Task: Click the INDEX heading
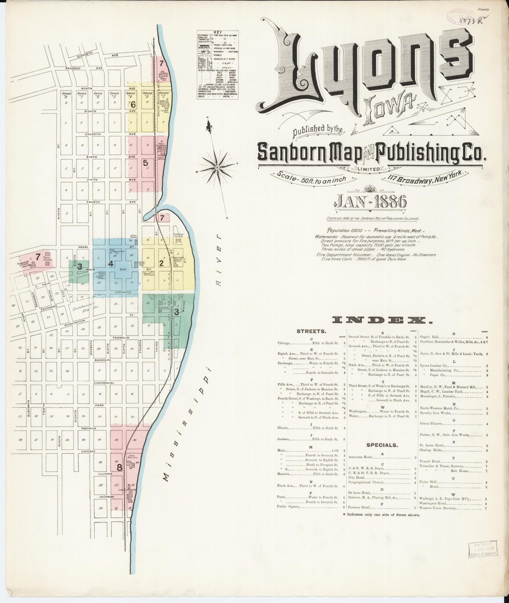point(383,320)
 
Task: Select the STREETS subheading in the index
point(311,331)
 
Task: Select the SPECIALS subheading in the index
point(382,445)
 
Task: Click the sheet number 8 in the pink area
point(119,468)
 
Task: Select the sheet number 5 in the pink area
point(145,163)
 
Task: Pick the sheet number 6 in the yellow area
point(133,104)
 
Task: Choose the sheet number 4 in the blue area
point(111,264)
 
